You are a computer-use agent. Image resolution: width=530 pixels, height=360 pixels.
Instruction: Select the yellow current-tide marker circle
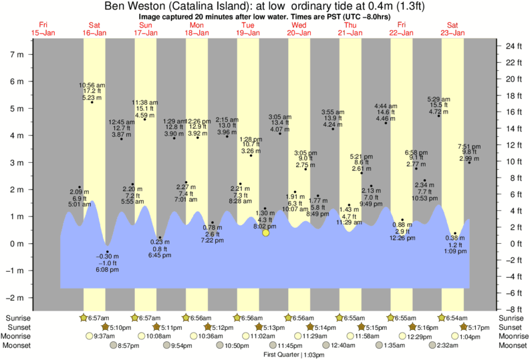(266, 232)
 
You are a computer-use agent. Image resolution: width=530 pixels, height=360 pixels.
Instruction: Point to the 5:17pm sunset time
(480, 327)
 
